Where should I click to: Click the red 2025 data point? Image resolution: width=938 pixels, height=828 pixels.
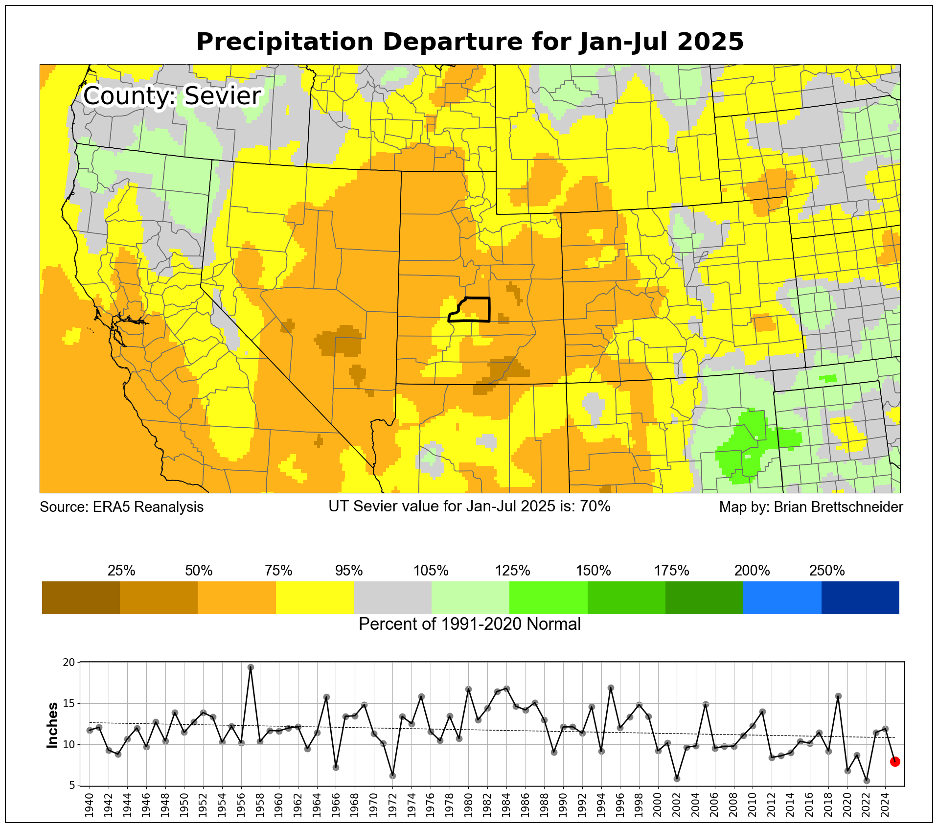[894, 761]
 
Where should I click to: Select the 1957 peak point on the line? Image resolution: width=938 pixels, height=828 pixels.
[251, 667]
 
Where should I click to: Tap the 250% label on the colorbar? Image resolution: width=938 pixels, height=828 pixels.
[827, 571]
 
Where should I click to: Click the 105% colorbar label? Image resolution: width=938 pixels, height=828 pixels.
[431, 571]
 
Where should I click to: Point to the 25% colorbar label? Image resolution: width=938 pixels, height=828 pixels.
[121, 571]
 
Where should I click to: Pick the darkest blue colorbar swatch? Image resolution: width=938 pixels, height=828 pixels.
[860, 598]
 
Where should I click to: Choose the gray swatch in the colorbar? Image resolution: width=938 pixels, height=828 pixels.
[392, 598]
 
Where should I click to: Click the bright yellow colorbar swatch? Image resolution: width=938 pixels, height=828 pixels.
[315, 598]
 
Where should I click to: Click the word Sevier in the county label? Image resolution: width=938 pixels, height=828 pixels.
[222, 96]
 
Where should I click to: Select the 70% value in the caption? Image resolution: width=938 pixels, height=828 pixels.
[595, 506]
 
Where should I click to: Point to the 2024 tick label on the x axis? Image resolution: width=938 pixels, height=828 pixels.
[885, 803]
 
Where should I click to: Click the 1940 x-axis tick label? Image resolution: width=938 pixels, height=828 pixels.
[90, 803]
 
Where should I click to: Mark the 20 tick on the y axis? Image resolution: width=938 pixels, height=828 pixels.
[69, 663]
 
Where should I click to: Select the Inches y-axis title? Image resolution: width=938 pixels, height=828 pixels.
[52, 725]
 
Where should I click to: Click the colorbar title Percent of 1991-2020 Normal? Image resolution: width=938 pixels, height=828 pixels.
[470, 624]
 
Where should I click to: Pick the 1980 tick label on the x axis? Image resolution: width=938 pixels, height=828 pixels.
[468, 803]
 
